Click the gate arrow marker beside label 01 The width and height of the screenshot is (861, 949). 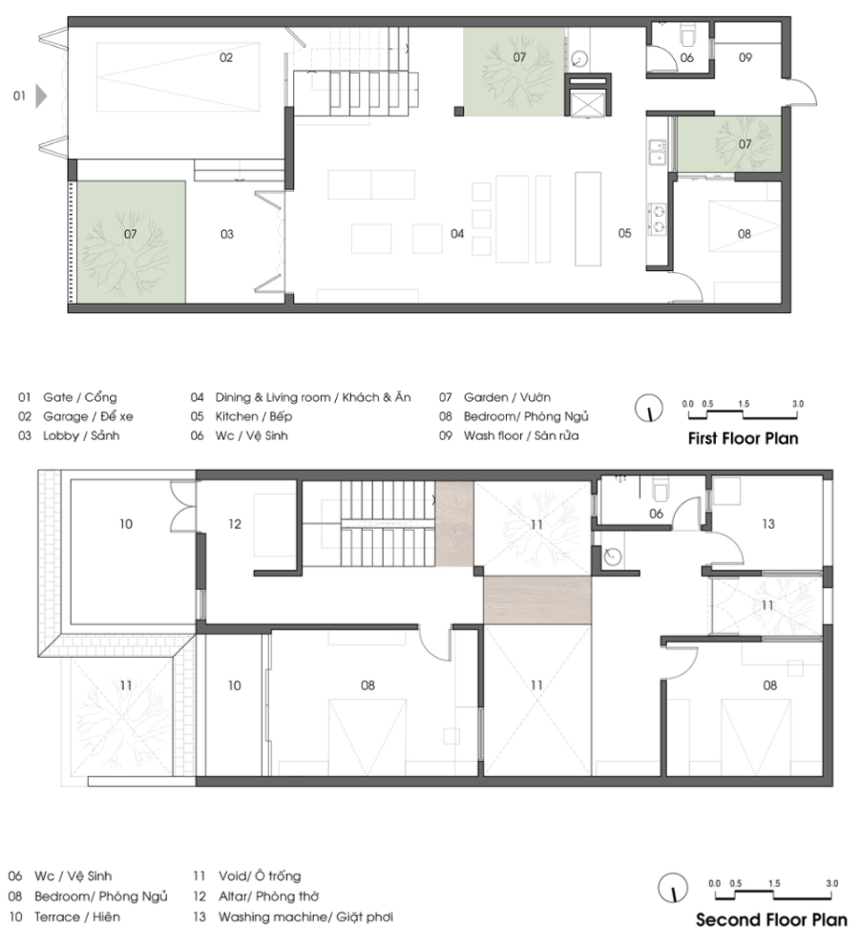(40, 95)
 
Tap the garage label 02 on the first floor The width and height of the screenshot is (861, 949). (225, 57)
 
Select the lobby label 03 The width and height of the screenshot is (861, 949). (226, 234)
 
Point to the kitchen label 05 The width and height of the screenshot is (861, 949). (624, 233)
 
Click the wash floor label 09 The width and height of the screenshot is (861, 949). (745, 57)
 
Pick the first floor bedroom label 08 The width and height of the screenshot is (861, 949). (744, 234)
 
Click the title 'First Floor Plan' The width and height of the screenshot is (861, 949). (743, 438)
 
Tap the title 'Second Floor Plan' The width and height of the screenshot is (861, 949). (771, 920)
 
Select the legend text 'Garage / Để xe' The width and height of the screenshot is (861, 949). (88, 416)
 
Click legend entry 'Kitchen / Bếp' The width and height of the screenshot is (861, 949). (254, 416)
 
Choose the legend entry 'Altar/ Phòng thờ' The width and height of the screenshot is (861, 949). (268, 896)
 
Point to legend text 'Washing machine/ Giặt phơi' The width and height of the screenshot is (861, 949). (305, 917)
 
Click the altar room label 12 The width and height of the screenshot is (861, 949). (234, 524)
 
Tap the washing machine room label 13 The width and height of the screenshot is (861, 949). (767, 524)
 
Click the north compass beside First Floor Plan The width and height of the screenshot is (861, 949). (649, 408)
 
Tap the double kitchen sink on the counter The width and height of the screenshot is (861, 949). (656, 152)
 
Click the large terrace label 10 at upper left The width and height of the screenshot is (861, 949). (125, 524)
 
